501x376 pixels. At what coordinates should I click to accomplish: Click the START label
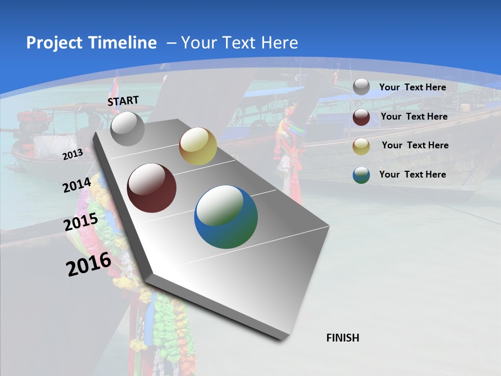[x=123, y=101]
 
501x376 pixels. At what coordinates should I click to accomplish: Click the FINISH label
[x=343, y=338]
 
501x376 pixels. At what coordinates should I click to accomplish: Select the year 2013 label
[x=73, y=154]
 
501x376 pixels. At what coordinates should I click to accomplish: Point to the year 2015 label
[x=81, y=222]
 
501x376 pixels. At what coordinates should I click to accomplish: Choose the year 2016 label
[x=89, y=264]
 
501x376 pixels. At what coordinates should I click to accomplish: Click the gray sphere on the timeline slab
[x=128, y=129]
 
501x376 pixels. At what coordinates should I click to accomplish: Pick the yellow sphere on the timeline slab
[x=198, y=146]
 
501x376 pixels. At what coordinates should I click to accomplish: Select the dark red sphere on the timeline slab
[x=152, y=188]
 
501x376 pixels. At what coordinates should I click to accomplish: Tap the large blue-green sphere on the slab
[x=226, y=217]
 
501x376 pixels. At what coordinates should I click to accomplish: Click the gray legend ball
[x=361, y=87]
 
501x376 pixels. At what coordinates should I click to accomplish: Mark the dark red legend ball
[x=361, y=117]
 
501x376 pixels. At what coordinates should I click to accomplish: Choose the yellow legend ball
[x=361, y=146]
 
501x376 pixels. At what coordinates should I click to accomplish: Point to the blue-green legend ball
[x=361, y=175]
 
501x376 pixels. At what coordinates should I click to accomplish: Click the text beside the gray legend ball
[x=412, y=87]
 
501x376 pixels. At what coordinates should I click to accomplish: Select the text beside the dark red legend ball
[x=414, y=116]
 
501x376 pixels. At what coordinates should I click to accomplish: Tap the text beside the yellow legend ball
[x=415, y=145]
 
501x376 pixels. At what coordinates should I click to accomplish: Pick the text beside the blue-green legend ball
[x=412, y=174]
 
